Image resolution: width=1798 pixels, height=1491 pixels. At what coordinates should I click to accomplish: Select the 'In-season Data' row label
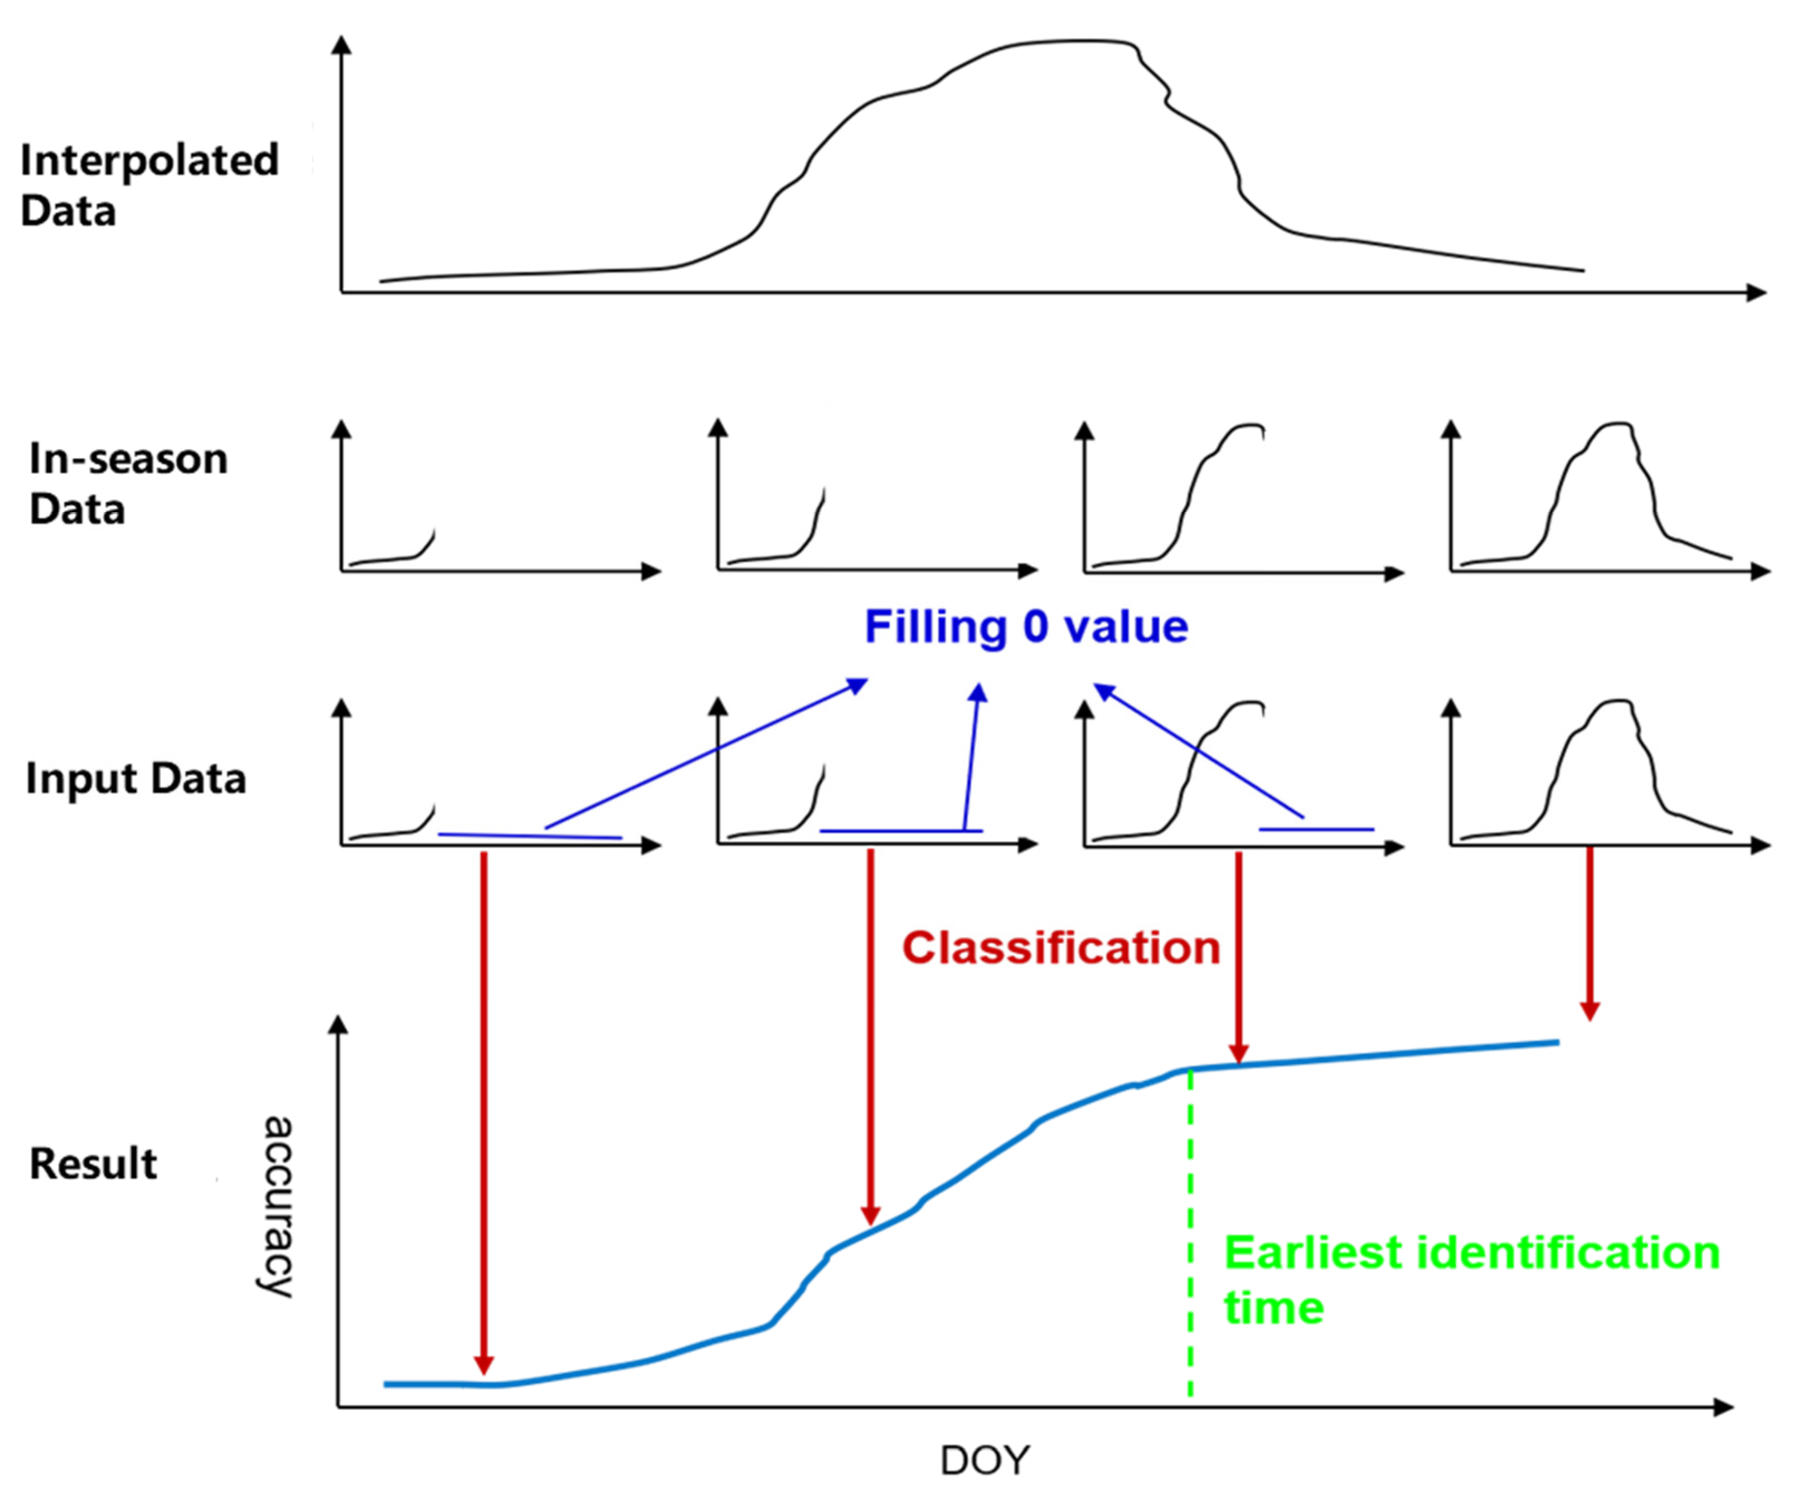tap(128, 484)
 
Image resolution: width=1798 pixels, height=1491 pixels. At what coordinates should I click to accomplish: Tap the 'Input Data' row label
tap(136, 779)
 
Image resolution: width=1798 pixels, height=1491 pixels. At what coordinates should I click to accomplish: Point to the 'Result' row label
tap(93, 1164)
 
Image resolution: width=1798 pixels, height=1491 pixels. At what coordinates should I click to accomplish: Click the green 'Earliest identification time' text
tap(1471, 1280)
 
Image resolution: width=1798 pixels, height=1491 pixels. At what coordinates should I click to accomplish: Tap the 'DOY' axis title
tap(985, 1460)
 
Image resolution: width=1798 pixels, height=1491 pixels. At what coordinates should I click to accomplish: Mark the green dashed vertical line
tap(1190, 1241)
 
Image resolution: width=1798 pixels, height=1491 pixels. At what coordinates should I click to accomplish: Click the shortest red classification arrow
tap(1590, 933)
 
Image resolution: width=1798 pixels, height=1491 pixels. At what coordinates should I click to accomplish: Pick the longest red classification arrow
tap(484, 1113)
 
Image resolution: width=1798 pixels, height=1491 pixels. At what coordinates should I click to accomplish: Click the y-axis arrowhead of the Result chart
tap(339, 1026)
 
